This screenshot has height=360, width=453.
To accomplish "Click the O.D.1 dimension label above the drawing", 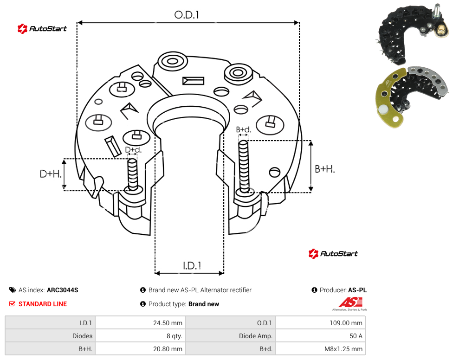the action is coord(187,15).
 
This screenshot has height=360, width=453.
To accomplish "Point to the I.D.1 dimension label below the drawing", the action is coord(192,266).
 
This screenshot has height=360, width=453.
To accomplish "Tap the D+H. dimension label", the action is coord(51,174).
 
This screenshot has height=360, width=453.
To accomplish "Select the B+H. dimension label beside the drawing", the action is coord(325,169).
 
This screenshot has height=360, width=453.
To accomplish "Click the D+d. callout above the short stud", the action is coord(133,150).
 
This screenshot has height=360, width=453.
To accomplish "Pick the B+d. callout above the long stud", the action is coord(244,129).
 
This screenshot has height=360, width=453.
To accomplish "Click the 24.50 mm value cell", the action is coord(168,323).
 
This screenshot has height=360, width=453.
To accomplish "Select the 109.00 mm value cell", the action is coord(346,323).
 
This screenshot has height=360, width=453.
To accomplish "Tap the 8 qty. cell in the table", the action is coord(174,336).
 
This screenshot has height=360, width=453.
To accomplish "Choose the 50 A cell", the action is coord(356,336).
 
